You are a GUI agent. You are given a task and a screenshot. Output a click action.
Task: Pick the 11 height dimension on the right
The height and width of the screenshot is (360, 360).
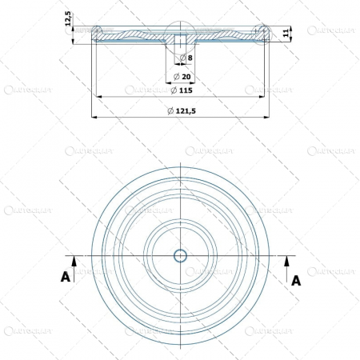(286, 32)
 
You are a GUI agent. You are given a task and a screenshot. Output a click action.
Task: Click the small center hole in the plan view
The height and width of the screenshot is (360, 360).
(180, 256)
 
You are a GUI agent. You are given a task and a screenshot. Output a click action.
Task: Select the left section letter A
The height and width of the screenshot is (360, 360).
(64, 277)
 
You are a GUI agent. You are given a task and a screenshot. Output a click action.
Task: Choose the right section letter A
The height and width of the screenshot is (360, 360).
(296, 280)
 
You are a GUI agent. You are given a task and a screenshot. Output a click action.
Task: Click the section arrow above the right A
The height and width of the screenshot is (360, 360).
(286, 262)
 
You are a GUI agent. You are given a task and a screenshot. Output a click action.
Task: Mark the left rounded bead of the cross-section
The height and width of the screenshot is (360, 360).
(97, 32)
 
